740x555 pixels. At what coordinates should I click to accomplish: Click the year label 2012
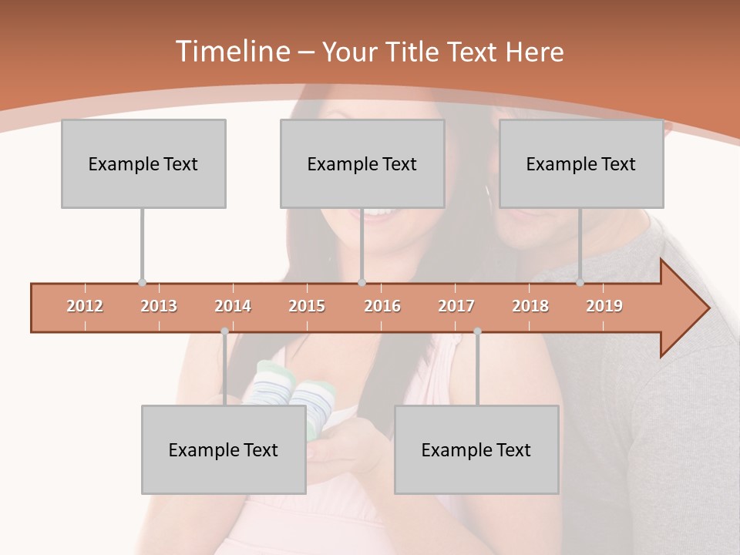point(85,306)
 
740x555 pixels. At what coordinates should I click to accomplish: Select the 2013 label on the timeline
point(159,306)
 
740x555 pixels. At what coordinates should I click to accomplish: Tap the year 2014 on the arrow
point(233,306)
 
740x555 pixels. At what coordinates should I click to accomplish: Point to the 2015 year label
point(307,306)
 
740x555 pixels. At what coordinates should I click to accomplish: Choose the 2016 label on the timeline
point(382,306)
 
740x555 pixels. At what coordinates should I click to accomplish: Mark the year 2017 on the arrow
point(456,306)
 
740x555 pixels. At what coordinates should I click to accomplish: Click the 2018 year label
point(530,306)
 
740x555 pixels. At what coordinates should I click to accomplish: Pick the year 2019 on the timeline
point(604,306)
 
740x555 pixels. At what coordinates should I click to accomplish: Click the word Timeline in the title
point(231,52)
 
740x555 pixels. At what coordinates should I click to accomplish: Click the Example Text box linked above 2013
point(143,163)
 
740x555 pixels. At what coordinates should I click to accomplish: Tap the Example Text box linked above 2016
point(362,163)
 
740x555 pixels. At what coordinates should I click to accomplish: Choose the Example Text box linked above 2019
point(581,163)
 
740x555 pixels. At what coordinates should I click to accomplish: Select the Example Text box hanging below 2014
point(224,449)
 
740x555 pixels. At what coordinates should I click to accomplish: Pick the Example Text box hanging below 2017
point(476,449)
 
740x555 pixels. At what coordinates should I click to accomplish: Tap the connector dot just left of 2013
point(142,283)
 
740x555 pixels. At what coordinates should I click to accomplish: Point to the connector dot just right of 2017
point(477,331)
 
